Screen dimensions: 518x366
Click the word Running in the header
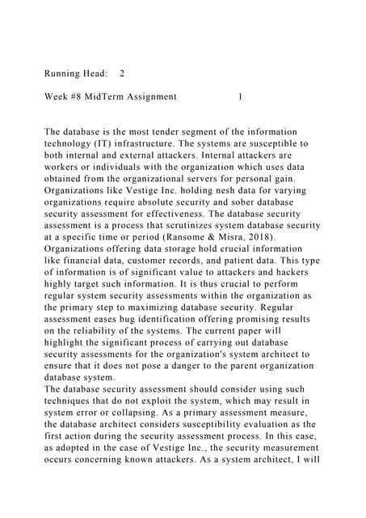tap(65, 74)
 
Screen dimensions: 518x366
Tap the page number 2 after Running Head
tap(122, 74)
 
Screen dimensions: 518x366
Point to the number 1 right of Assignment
tap(240, 97)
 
